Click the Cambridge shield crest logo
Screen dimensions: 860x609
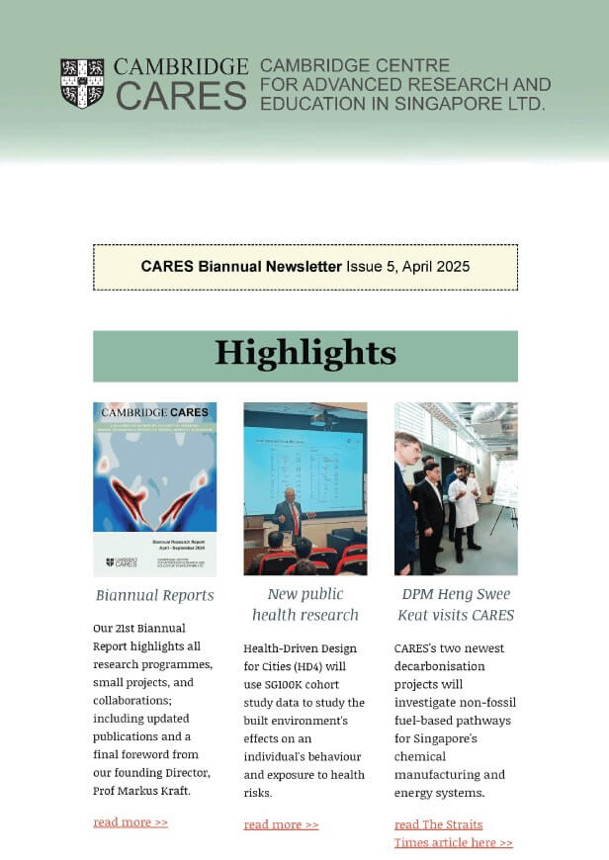(82, 83)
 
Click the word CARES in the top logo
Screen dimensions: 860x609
(181, 96)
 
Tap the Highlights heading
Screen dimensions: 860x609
(304, 354)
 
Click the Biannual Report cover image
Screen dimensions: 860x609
(154, 488)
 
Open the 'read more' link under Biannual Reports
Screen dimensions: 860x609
(130, 822)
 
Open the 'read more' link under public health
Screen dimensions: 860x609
(281, 824)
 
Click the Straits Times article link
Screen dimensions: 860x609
(453, 833)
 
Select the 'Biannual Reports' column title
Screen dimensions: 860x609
(154, 595)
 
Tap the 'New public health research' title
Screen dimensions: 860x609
(304, 604)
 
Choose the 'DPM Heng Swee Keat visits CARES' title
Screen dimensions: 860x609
(455, 604)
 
